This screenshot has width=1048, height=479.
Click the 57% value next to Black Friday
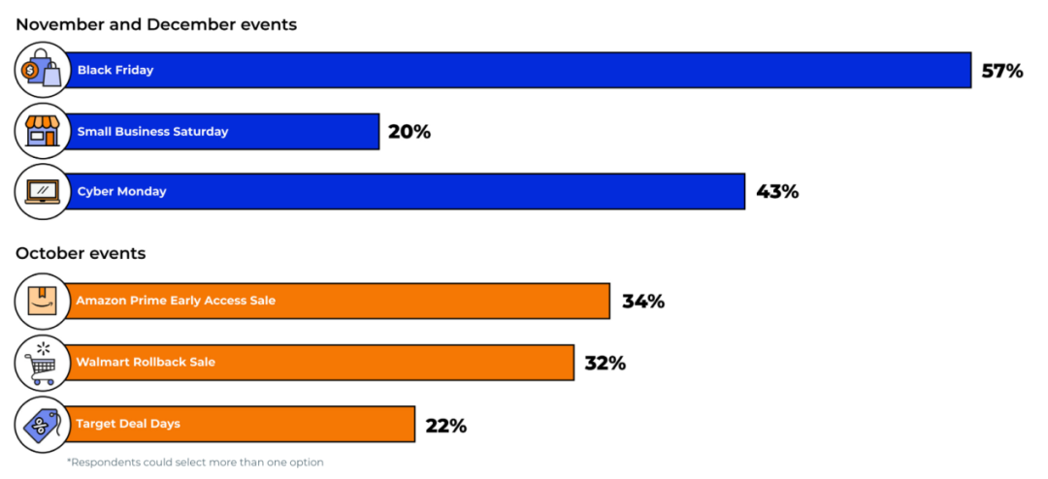(x=1001, y=71)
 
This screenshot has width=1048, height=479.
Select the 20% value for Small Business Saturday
(x=409, y=132)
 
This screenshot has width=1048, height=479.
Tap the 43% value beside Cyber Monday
(x=776, y=192)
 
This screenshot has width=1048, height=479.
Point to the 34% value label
(x=642, y=302)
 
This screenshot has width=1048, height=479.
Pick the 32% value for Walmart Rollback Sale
(x=605, y=364)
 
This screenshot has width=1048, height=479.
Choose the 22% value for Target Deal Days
(x=445, y=426)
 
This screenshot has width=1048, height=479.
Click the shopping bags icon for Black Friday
(x=43, y=70)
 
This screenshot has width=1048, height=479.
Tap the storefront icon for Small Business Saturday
(x=43, y=131)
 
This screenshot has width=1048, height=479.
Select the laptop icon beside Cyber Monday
(x=43, y=192)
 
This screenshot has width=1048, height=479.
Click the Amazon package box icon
(x=43, y=301)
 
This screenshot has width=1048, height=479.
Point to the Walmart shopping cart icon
(x=43, y=363)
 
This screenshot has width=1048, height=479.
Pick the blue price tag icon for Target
(x=43, y=425)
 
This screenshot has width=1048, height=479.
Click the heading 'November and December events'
(x=156, y=25)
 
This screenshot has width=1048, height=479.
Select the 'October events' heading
(x=81, y=254)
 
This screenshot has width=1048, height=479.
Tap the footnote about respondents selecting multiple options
(x=195, y=463)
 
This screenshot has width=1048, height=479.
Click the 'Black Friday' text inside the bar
(x=115, y=71)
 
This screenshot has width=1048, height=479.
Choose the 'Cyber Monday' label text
(x=121, y=192)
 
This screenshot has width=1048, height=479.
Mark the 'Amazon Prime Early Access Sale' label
(x=176, y=301)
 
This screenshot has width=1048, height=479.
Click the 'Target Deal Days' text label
(x=128, y=424)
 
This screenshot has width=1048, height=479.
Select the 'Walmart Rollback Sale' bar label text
(x=146, y=363)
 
